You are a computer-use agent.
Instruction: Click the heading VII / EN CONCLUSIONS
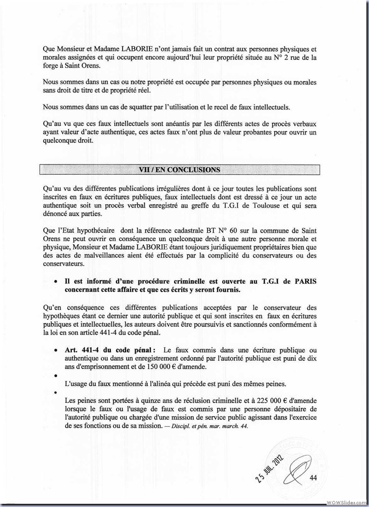pyautogui.click(x=180, y=169)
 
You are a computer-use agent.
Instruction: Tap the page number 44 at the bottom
pyautogui.click(x=315, y=477)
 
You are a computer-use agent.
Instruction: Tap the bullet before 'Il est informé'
pyautogui.click(x=55, y=281)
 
